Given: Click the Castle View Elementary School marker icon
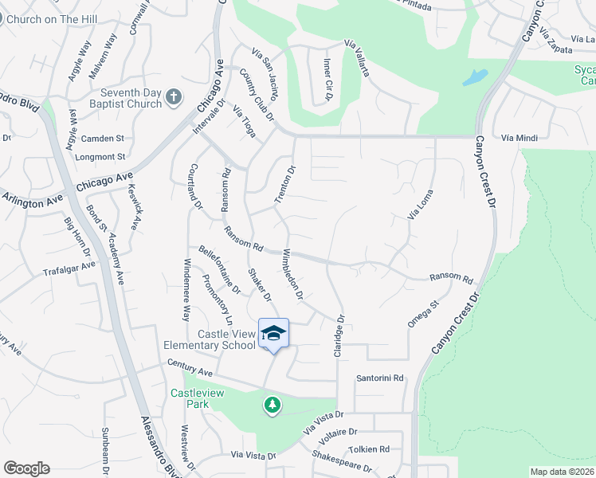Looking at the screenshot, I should (x=273, y=334).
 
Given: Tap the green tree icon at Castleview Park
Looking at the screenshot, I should (x=273, y=406).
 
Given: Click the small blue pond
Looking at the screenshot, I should (x=474, y=78).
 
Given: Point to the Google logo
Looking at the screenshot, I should (x=26, y=468).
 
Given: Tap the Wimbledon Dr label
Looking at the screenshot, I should (x=292, y=275).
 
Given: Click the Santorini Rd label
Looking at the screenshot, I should (x=381, y=378).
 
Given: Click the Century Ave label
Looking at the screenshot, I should (x=190, y=368).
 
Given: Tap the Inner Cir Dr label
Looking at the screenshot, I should (x=327, y=80).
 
